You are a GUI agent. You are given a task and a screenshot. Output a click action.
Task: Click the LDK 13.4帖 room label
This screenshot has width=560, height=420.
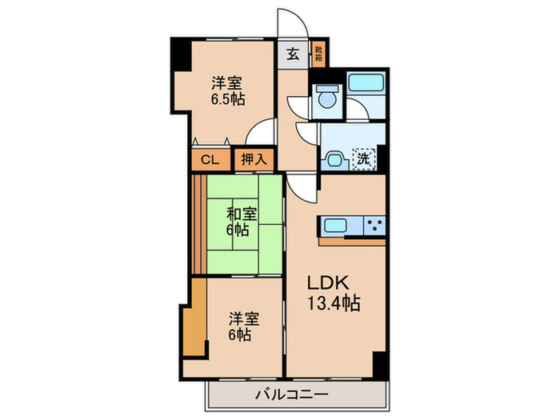coord(334,294)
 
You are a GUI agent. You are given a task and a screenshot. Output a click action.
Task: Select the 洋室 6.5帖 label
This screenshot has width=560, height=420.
coord(227,91)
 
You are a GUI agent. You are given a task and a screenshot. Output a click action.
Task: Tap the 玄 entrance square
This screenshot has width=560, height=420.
coord(293,55)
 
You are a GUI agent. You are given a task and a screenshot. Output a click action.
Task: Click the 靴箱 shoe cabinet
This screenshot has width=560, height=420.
coord(318,54)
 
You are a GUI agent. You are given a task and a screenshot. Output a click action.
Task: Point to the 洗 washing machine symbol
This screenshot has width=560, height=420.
coord(363,158)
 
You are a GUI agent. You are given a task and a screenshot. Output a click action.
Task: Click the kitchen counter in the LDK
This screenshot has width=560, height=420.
coord(352,226)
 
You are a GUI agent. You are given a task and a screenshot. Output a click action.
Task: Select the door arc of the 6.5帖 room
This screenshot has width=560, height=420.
coord(258,133)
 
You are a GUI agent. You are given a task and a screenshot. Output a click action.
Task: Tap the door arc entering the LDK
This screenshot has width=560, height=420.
coord(301,188)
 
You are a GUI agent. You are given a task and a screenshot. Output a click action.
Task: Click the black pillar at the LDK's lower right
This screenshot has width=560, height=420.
coord(380,364)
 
